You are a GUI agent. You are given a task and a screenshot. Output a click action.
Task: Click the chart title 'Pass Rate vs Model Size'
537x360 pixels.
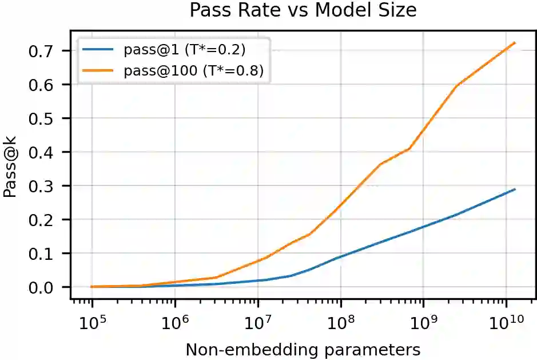coord(303,10)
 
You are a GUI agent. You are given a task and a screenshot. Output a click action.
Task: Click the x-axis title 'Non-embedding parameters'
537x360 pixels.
coord(303,349)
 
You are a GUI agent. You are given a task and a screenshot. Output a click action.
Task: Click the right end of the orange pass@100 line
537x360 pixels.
coord(515,42)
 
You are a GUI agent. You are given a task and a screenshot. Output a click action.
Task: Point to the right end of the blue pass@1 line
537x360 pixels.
coord(515,189)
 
